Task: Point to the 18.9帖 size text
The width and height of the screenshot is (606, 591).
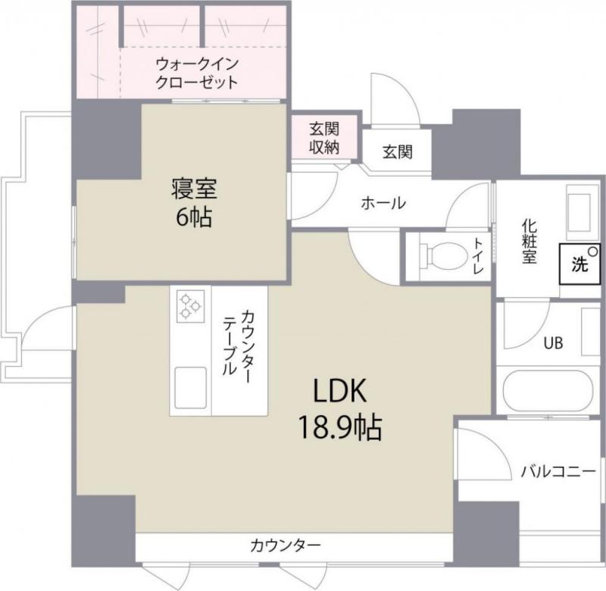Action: (339, 429)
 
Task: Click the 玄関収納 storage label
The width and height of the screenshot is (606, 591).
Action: (323, 138)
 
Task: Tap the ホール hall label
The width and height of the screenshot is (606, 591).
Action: (383, 203)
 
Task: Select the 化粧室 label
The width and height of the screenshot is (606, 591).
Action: (528, 242)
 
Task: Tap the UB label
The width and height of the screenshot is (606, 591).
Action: (552, 343)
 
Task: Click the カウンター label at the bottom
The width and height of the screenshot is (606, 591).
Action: (286, 545)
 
